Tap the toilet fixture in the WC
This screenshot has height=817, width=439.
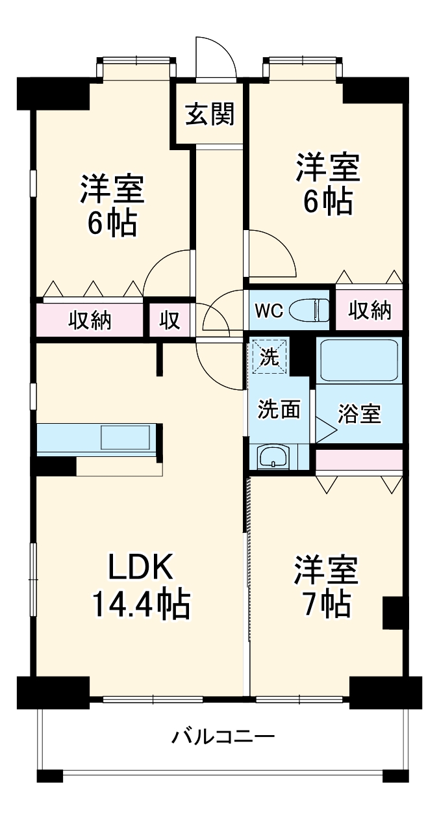[311, 310]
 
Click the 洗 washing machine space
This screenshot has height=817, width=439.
[269, 356]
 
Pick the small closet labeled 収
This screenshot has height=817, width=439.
[170, 320]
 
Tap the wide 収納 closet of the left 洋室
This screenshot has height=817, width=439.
[90, 320]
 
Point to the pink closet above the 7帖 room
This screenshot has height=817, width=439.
[359, 460]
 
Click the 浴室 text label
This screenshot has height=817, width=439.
[359, 414]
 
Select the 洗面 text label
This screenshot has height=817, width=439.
[279, 409]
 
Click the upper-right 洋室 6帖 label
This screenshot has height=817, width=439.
[327, 184]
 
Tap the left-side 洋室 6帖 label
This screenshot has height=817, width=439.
[112, 206]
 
